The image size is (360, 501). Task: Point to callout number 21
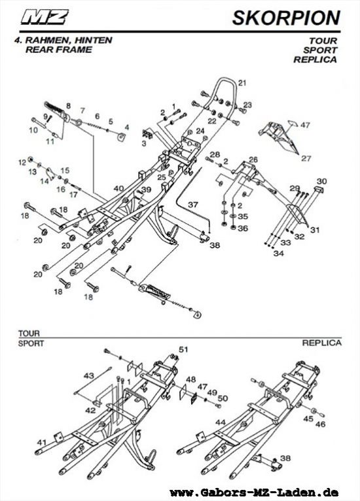(x=242, y=82)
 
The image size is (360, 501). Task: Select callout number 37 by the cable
(x=192, y=205)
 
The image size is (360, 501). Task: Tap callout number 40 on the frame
(x=118, y=188)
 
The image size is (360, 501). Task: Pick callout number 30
(x=321, y=181)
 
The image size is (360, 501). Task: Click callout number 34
(x=278, y=253)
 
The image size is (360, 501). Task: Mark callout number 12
(x=22, y=161)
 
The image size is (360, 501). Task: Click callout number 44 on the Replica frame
(x=221, y=422)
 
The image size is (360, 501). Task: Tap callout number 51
(x=183, y=349)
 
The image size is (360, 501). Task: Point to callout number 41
(x=42, y=443)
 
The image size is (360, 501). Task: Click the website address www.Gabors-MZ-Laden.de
(x=254, y=492)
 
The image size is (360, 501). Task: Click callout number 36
(x=242, y=228)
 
